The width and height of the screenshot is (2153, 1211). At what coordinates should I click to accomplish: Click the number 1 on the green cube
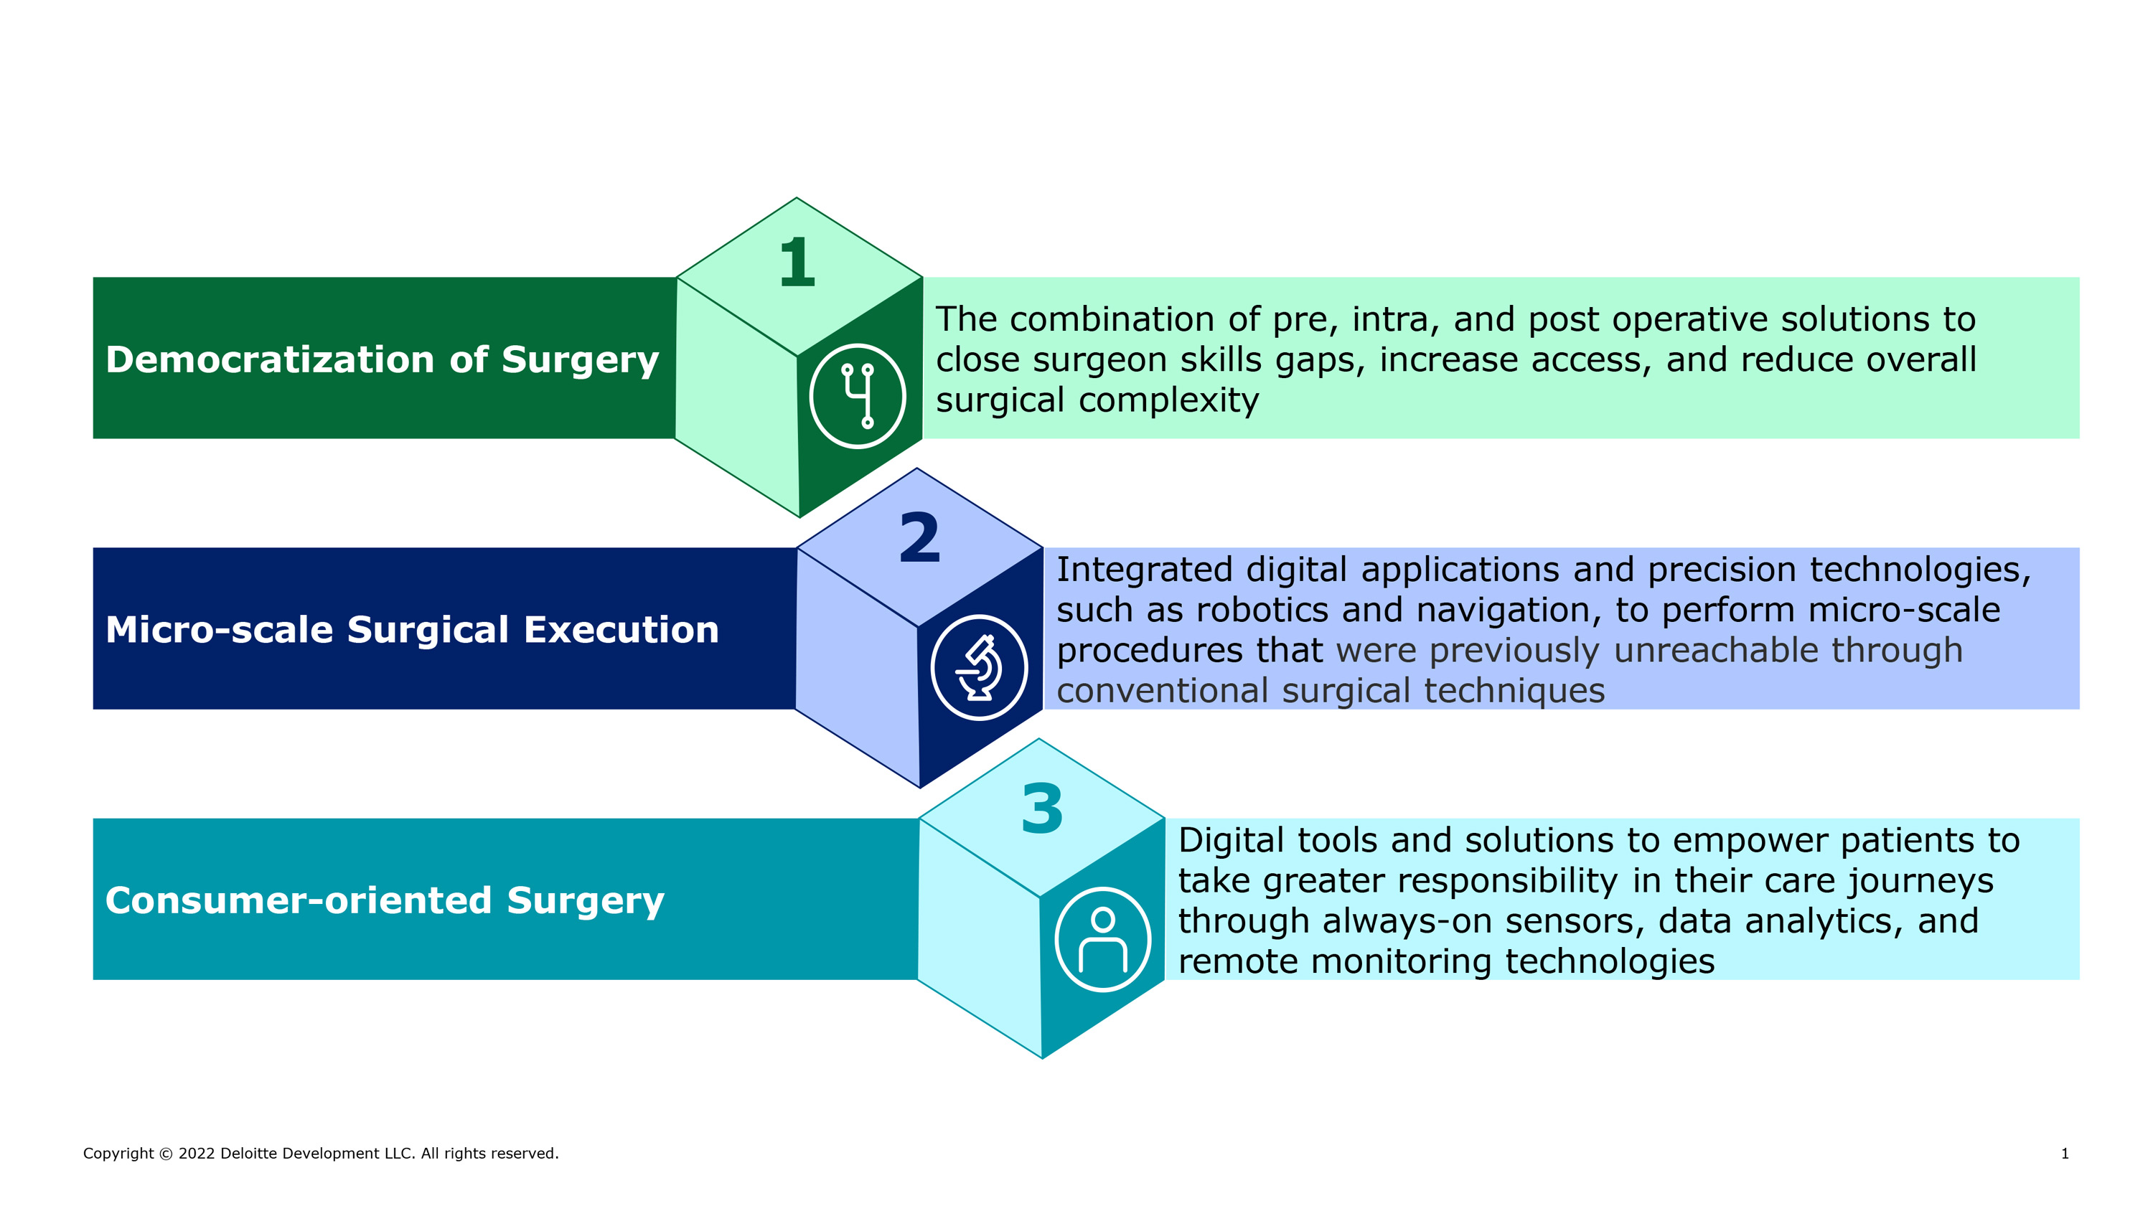(x=797, y=263)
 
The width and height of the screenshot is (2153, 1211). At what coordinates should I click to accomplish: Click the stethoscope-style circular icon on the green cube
(x=858, y=396)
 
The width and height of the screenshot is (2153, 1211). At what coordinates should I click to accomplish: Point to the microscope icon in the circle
(x=980, y=667)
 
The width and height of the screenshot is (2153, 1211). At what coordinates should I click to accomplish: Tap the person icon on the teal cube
(x=1103, y=938)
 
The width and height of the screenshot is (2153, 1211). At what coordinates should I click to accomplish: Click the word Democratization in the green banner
(x=269, y=359)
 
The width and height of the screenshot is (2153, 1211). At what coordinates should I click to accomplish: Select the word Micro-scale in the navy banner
(x=219, y=629)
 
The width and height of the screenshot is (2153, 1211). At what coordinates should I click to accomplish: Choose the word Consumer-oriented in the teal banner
(x=299, y=900)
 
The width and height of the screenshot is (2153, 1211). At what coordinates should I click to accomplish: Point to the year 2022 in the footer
(x=197, y=1154)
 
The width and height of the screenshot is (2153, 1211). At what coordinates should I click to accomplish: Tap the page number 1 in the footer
(x=2065, y=1154)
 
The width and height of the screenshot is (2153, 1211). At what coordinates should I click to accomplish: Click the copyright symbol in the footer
(x=166, y=1154)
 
